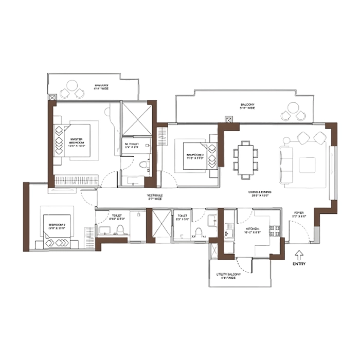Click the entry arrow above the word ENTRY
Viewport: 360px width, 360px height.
click(299, 253)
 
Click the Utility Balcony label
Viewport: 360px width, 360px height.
click(229, 278)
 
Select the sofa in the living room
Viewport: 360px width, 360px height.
click(286, 165)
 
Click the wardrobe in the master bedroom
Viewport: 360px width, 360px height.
click(76, 181)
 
